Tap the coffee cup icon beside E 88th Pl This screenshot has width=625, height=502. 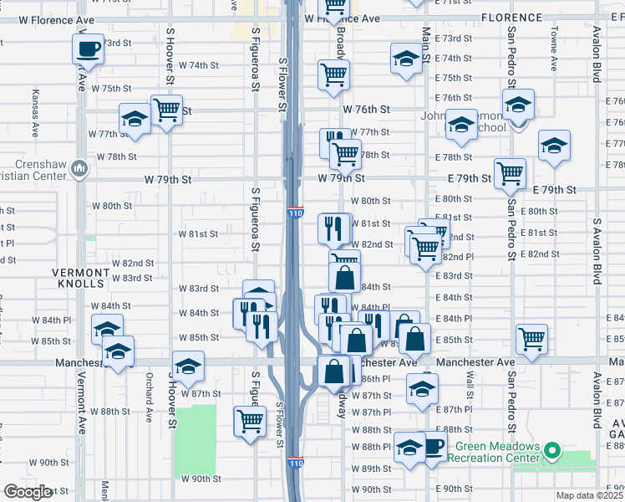pos(433,446)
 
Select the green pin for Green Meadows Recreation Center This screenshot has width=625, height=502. pos(551,452)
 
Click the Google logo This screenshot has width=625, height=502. pos(28,492)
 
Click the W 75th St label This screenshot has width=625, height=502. pos(112,88)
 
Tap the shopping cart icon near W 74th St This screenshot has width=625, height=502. pos(333,74)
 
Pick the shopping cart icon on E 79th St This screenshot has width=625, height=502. pos(510,174)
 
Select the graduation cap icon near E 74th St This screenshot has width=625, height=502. pos(406,59)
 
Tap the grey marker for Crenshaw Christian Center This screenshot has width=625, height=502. pos(79,168)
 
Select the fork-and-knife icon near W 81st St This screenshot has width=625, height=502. pos(333,227)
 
